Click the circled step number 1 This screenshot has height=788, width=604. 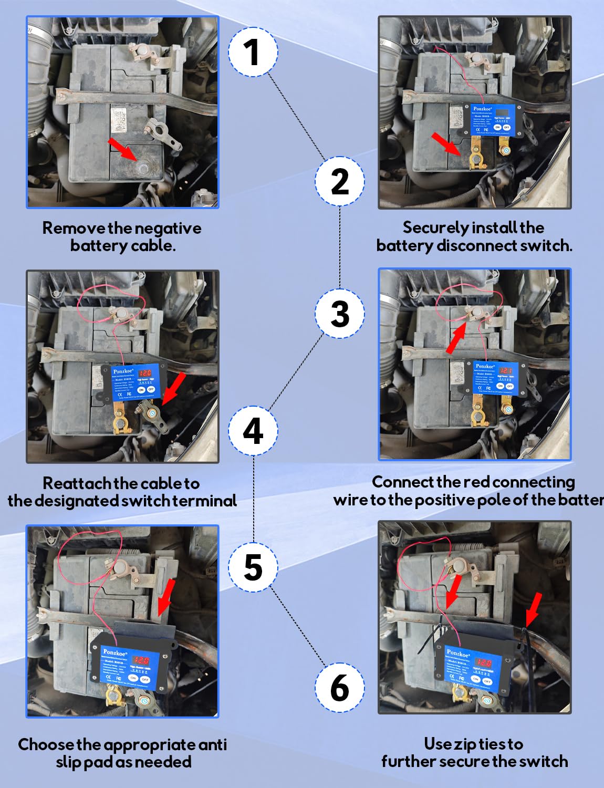[253, 52]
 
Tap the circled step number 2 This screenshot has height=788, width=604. [340, 181]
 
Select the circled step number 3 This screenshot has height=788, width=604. [340, 314]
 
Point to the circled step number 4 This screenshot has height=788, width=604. [253, 431]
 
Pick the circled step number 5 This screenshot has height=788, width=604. [253, 567]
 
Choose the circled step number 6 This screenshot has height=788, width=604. [340, 688]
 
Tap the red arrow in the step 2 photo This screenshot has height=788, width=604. [446, 144]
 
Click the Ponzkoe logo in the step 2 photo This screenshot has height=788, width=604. [482, 109]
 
